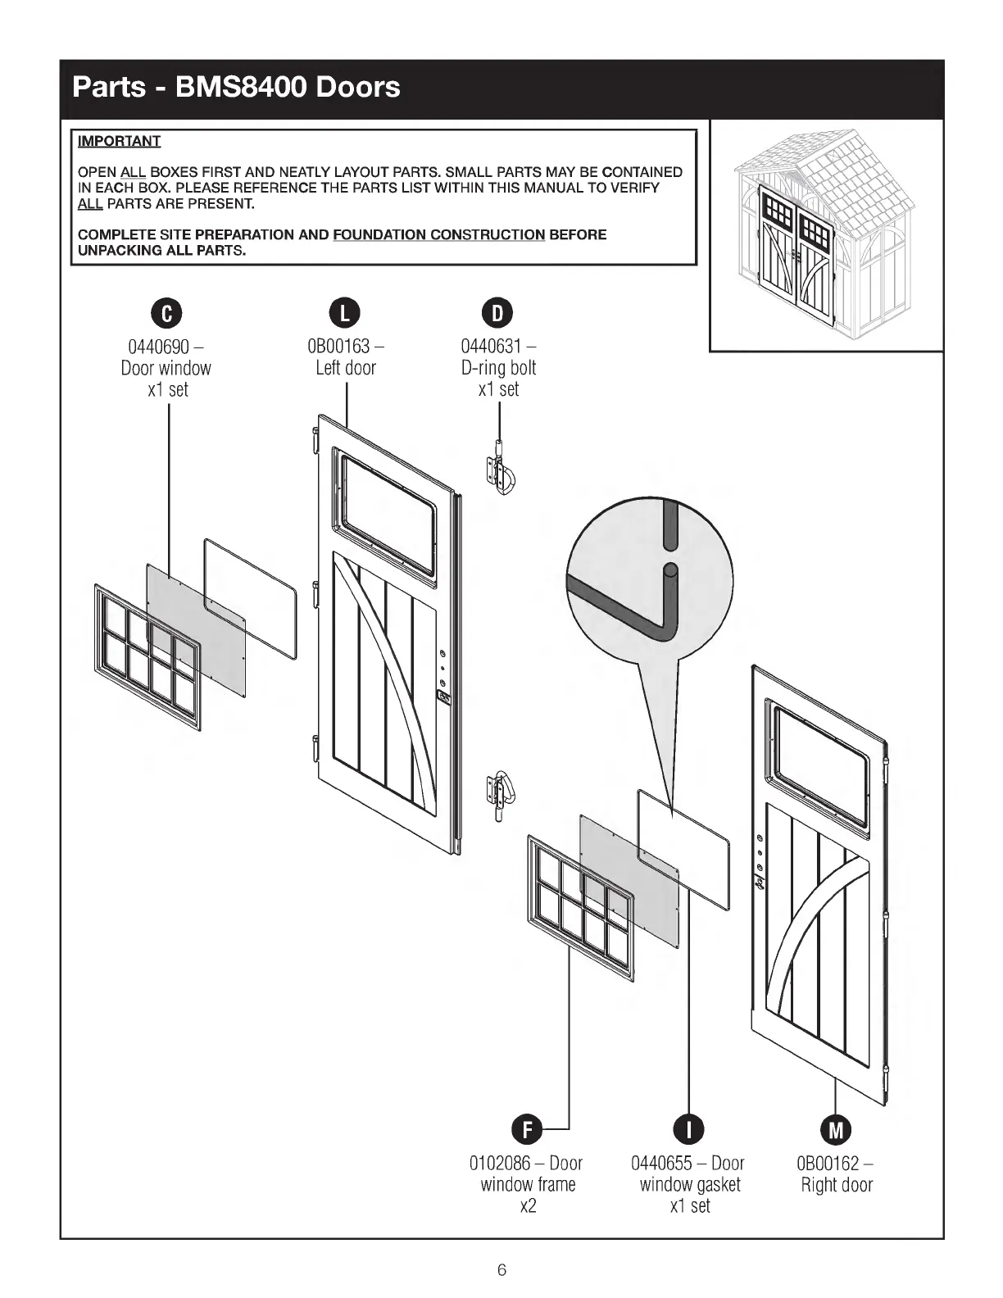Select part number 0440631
(492, 347)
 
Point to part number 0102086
(500, 1164)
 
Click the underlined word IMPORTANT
(119, 141)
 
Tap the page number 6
(501, 1270)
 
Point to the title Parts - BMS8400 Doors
(236, 87)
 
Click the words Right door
(837, 1185)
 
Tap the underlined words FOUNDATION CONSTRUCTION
(438, 235)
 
